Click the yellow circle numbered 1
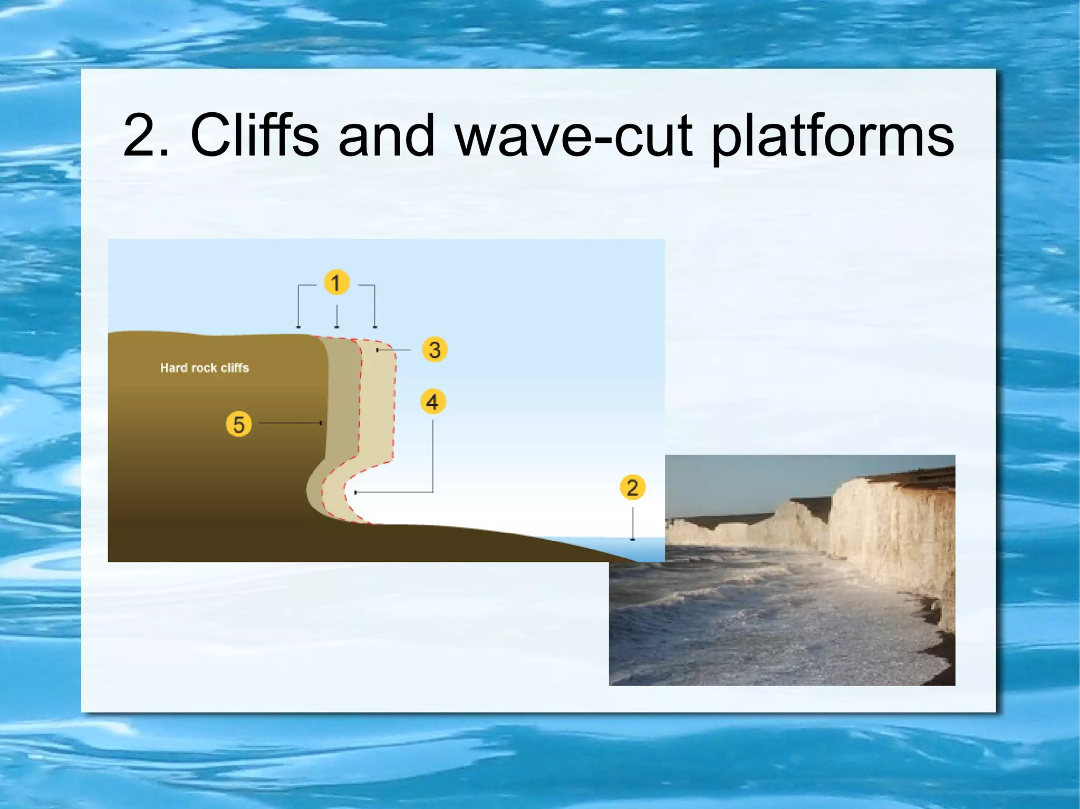pyautogui.click(x=336, y=282)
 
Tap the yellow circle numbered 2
pyautogui.click(x=632, y=488)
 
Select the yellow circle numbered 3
pyautogui.click(x=435, y=349)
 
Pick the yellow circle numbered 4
pyautogui.click(x=432, y=402)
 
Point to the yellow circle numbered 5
pyautogui.click(x=238, y=424)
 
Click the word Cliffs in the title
pyautogui.click(x=254, y=135)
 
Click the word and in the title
pyautogui.click(x=387, y=136)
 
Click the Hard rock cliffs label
pyautogui.click(x=205, y=368)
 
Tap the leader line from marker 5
pyautogui.click(x=290, y=423)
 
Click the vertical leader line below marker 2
pyautogui.click(x=633, y=523)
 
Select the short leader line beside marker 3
pyautogui.click(x=394, y=349)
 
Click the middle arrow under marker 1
pyautogui.click(x=337, y=317)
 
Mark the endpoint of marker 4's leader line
pyautogui.click(x=356, y=492)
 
